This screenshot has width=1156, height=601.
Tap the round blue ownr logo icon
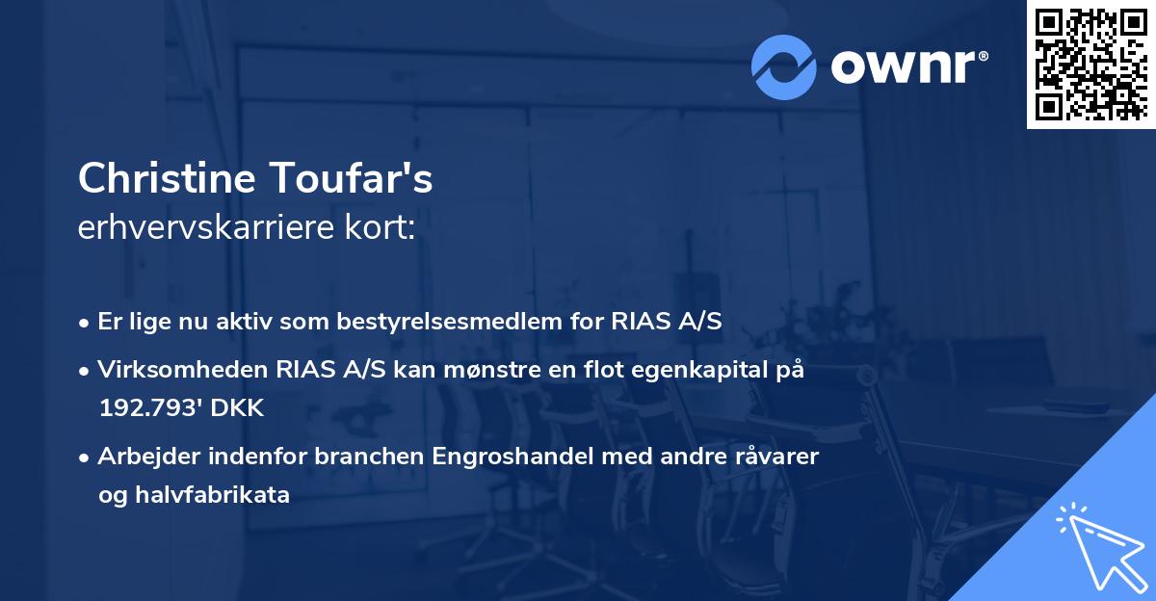pos(785,67)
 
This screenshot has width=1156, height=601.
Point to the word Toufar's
pos(365,178)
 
